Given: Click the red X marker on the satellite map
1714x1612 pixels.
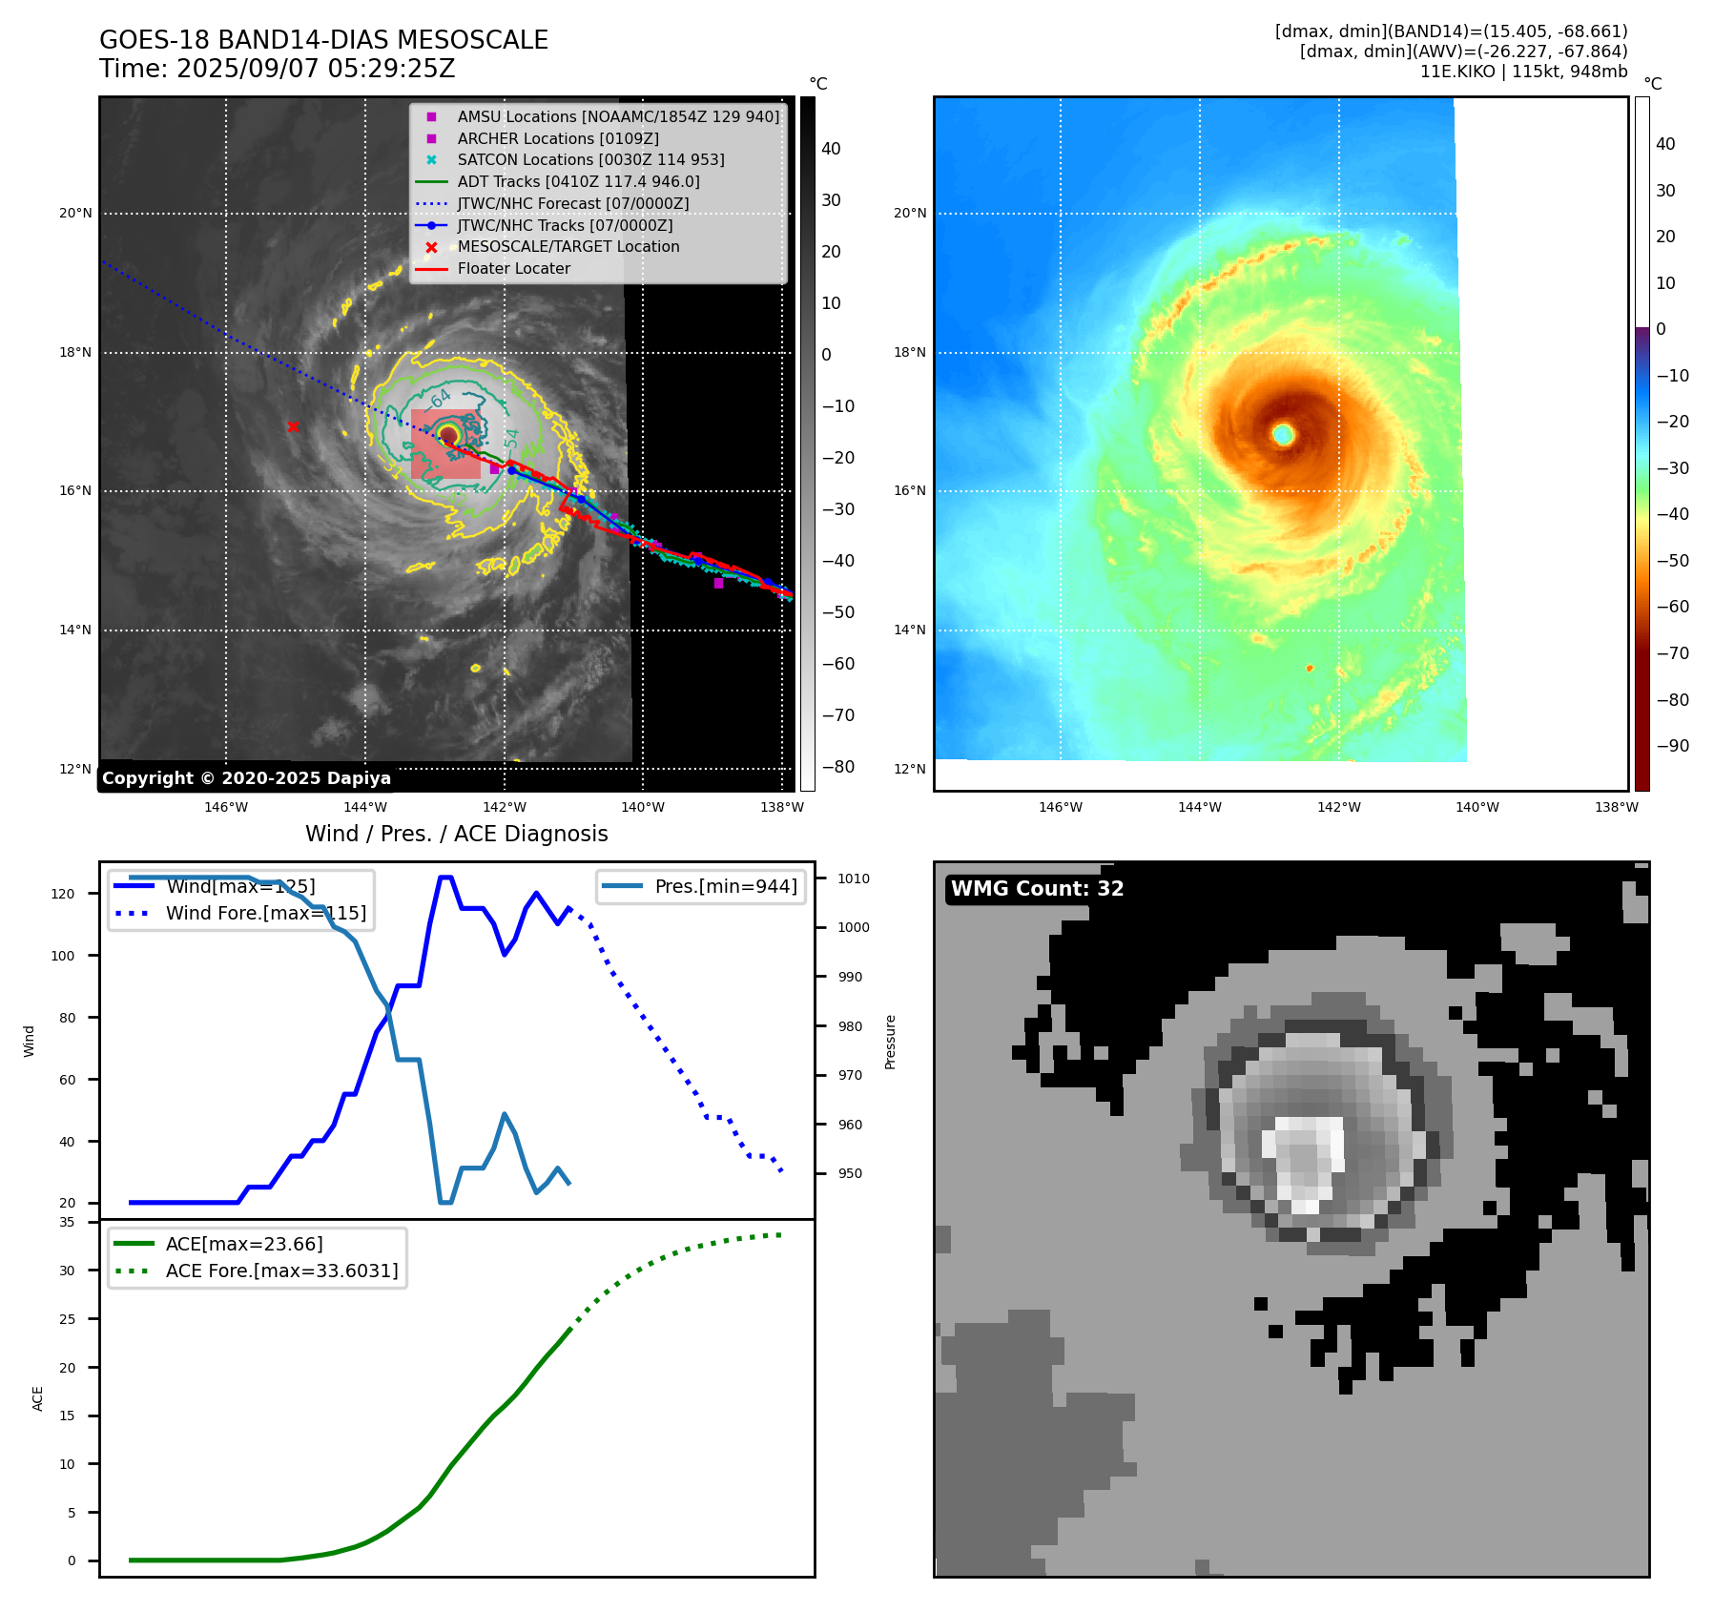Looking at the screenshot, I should coord(293,426).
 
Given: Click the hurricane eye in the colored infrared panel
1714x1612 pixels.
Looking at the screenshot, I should coord(1283,434).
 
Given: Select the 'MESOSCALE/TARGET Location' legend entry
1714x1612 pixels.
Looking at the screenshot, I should coord(568,247).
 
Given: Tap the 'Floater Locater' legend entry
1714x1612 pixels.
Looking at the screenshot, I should coord(513,269).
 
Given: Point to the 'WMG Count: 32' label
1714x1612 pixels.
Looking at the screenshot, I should coord(1037,889).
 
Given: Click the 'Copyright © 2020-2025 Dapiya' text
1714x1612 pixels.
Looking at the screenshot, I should coord(246,778).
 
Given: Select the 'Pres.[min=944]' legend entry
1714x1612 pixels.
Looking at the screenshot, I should coord(725,886).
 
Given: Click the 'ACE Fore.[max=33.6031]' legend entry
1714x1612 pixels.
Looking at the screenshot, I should coord(281,1271).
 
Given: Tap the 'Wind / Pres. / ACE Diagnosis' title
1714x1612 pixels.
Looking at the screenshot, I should coord(456,834).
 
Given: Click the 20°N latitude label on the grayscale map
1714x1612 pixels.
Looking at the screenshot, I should coord(75,213).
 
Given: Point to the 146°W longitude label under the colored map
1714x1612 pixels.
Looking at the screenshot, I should coord(1060,807).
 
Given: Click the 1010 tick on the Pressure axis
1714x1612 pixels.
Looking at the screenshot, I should coord(854,878).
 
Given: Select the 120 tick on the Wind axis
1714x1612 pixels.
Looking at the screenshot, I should coord(62,894).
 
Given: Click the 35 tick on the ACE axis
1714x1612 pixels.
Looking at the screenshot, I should coord(67,1222).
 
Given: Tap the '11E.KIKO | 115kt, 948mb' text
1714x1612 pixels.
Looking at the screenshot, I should coord(1523,72).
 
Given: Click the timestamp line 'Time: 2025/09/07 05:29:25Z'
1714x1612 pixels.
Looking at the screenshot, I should coord(277,70).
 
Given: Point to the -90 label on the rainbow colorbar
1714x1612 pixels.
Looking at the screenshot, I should coord(1672,746).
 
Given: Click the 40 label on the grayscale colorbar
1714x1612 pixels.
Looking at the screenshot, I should coord(831,149).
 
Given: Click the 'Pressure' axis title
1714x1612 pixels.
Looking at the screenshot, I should coord(890,1042).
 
